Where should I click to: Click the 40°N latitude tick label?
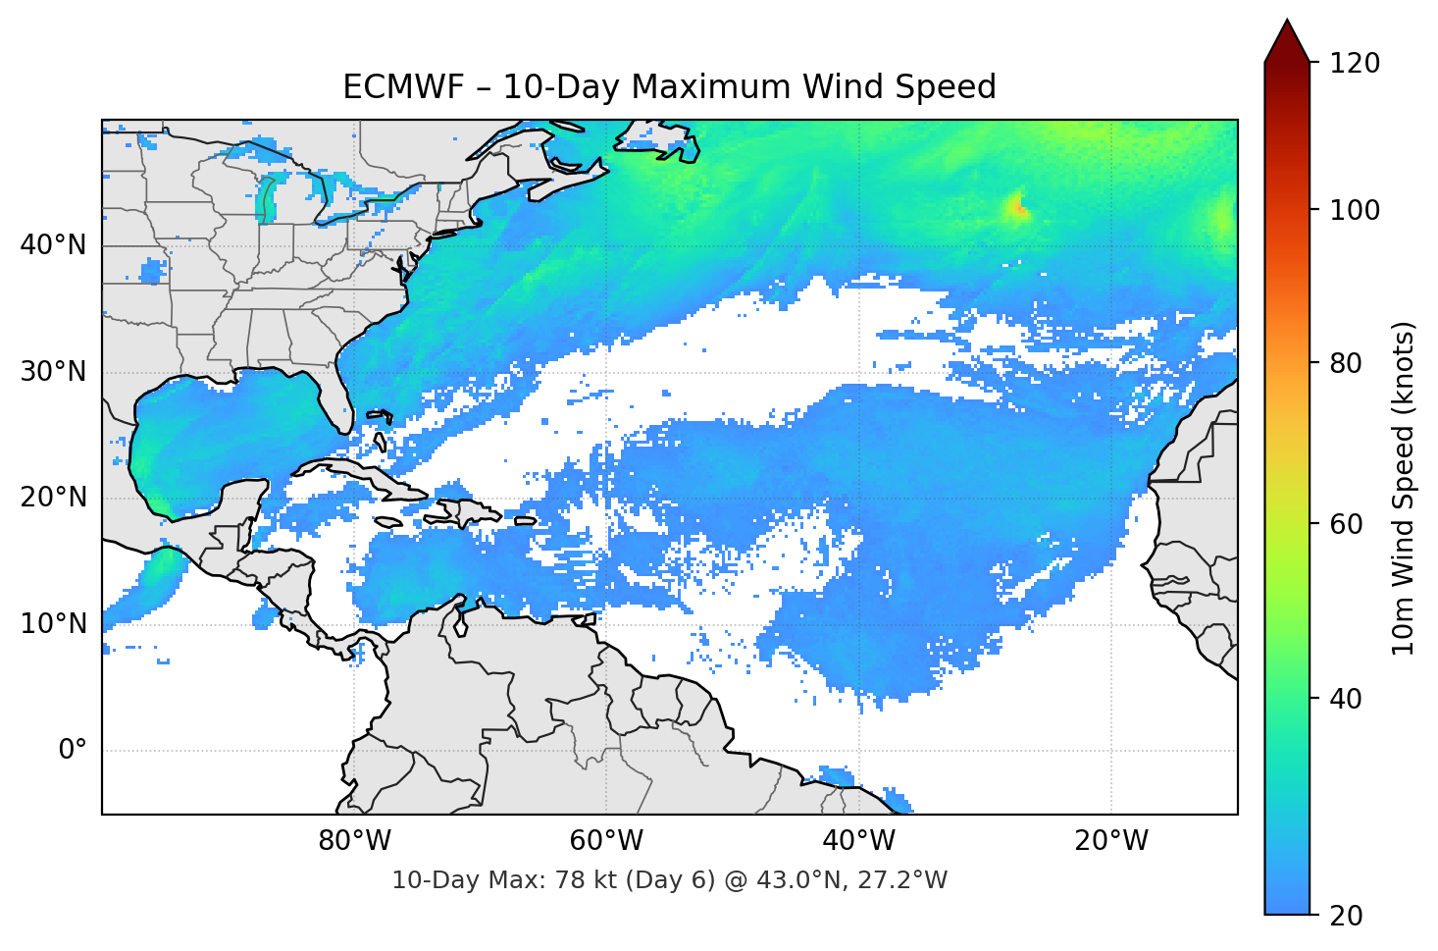tap(53, 245)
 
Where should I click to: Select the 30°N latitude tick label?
tap(53, 372)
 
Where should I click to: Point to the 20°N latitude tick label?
tap(53, 498)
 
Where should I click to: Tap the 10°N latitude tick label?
tap(53, 624)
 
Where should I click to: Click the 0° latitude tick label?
tap(73, 751)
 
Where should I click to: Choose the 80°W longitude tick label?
tap(355, 841)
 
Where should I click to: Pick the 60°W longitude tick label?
tap(607, 841)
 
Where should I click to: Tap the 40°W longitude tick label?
tap(859, 841)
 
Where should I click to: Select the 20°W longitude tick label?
tap(1111, 841)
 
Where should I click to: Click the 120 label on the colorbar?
tap(1355, 63)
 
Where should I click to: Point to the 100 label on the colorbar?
tap(1355, 210)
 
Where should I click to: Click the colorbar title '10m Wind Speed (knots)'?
tap(1404, 488)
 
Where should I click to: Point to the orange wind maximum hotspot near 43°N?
tap(1020, 208)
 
